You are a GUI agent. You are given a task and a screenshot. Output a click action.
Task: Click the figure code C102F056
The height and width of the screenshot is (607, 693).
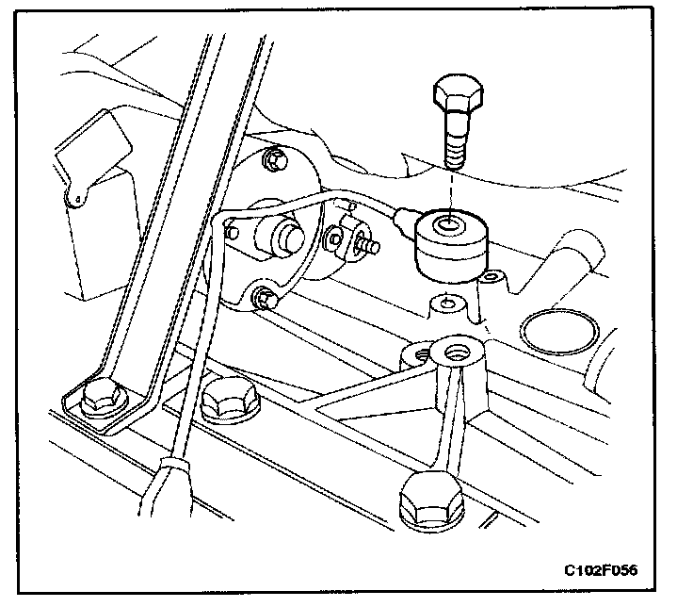606,571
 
